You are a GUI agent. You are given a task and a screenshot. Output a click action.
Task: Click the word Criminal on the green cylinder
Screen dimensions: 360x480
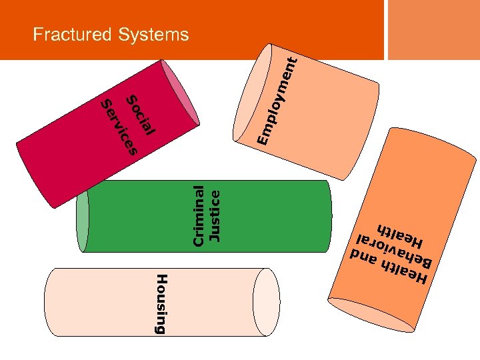point(199,215)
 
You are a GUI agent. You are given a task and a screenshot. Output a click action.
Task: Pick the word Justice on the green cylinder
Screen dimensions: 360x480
point(215,215)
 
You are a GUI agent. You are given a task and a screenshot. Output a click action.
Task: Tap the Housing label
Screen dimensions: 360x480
point(161,303)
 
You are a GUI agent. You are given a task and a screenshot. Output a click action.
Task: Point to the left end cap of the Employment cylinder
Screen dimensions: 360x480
point(250,93)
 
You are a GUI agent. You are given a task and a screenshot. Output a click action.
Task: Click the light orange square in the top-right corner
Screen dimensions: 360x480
point(433,29)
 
